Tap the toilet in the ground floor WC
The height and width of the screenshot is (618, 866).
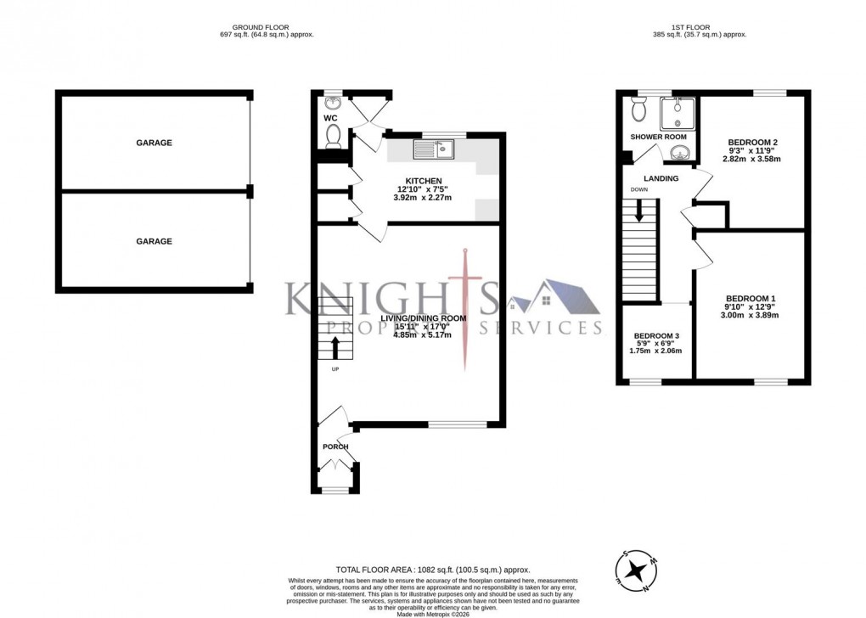tap(333, 135)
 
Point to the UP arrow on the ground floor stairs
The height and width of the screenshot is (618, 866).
tap(334, 346)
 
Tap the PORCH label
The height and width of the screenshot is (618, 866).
tap(335, 447)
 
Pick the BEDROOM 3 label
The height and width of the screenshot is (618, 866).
tap(656, 335)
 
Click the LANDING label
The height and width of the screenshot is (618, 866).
tap(661, 178)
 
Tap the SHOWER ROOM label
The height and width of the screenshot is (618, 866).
tap(658, 137)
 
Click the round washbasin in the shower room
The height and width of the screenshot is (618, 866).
tap(679, 153)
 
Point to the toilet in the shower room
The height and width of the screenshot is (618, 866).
tap(638, 110)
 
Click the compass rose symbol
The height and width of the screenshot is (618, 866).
tap(633, 573)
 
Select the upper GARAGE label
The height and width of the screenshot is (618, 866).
tap(154, 143)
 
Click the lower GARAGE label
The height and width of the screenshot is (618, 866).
tap(154, 241)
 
